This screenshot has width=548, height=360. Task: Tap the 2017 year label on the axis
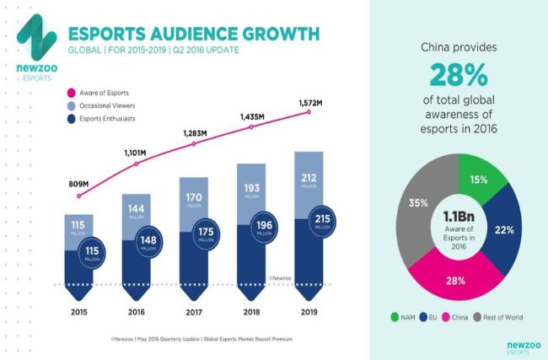pos(193,313)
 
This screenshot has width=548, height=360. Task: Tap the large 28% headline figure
pos(458,76)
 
